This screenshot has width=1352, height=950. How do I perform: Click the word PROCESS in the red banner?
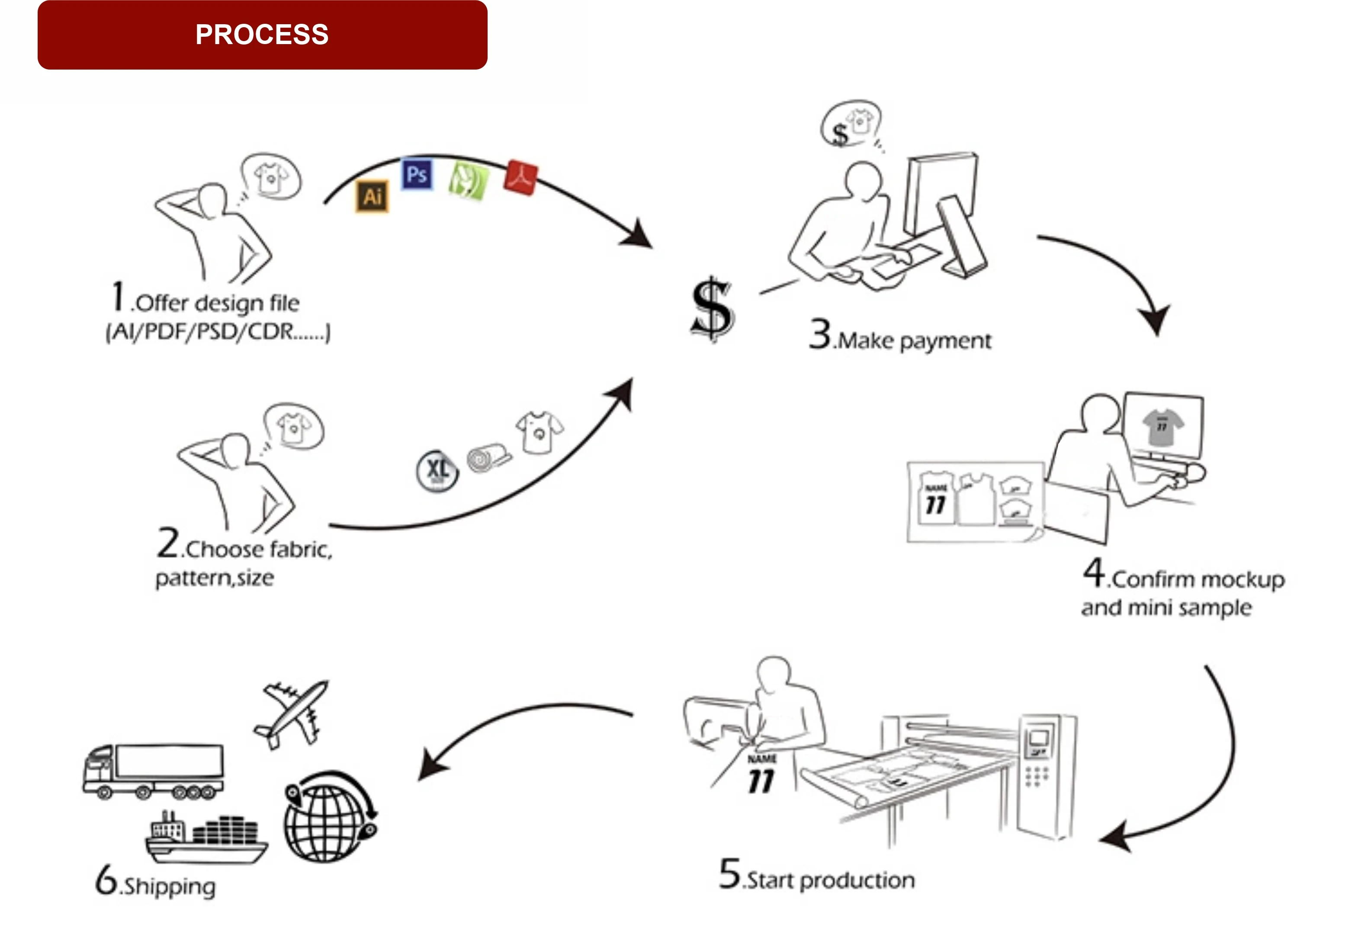click(262, 35)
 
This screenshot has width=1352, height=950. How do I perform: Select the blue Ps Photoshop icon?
click(417, 174)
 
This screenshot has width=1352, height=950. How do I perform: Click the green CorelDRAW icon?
click(468, 181)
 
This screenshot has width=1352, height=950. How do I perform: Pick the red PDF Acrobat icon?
click(520, 176)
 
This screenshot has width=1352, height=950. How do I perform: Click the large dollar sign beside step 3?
click(713, 309)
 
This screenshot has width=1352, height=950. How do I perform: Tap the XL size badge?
click(437, 471)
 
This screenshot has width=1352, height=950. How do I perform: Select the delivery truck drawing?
click(154, 771)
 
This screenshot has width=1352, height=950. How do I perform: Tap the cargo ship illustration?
click(206, 839)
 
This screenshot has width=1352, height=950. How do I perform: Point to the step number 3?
click(820, 334)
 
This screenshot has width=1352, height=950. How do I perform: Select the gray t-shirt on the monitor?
click(1163, 426)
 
